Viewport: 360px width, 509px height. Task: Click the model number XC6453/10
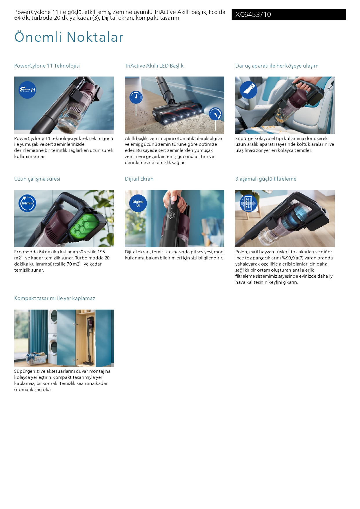[253, 14]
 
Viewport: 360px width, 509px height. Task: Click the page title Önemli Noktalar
[69, 37]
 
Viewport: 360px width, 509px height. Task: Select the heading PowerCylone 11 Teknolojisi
[47, 66]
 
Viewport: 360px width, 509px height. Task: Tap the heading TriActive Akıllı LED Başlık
[154, 66]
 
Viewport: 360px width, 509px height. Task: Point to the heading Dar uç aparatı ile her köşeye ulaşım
[277, 66]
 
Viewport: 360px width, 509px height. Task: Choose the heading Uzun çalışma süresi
[37, 179]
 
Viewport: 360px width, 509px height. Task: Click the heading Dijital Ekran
[139, 179]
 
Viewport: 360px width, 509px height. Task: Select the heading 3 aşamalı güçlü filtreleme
[266, 179]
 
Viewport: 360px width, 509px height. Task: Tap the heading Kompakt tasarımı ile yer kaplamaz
[54, 298]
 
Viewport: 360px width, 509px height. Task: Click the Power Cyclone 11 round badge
[27, 90]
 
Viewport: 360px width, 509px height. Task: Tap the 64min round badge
[27, 203]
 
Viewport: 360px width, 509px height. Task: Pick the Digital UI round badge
[138, 203]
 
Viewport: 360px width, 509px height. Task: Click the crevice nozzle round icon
[248, 90]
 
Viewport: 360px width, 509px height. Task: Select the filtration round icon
[248, 203]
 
